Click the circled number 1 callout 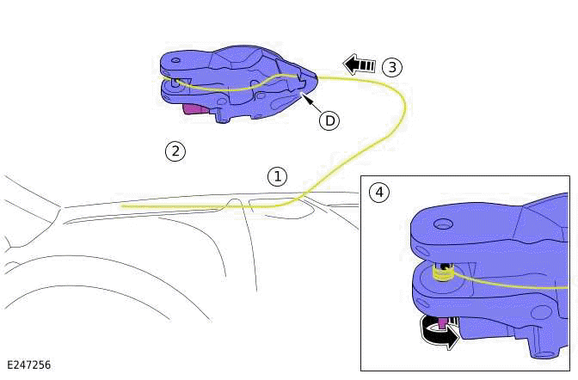[276, 176]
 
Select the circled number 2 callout [175, 151]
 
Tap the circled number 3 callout [391, 66]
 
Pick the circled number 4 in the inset [378, 192]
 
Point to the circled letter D [329, 120]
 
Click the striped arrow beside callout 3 [360, 64]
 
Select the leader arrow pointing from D [311, 101]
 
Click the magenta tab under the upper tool [197, 108]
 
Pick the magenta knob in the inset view [443, 323]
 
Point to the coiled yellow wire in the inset [442, 274]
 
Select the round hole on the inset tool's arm [443, 224]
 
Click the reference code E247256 [28, 365]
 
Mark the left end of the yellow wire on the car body [123, 206]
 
